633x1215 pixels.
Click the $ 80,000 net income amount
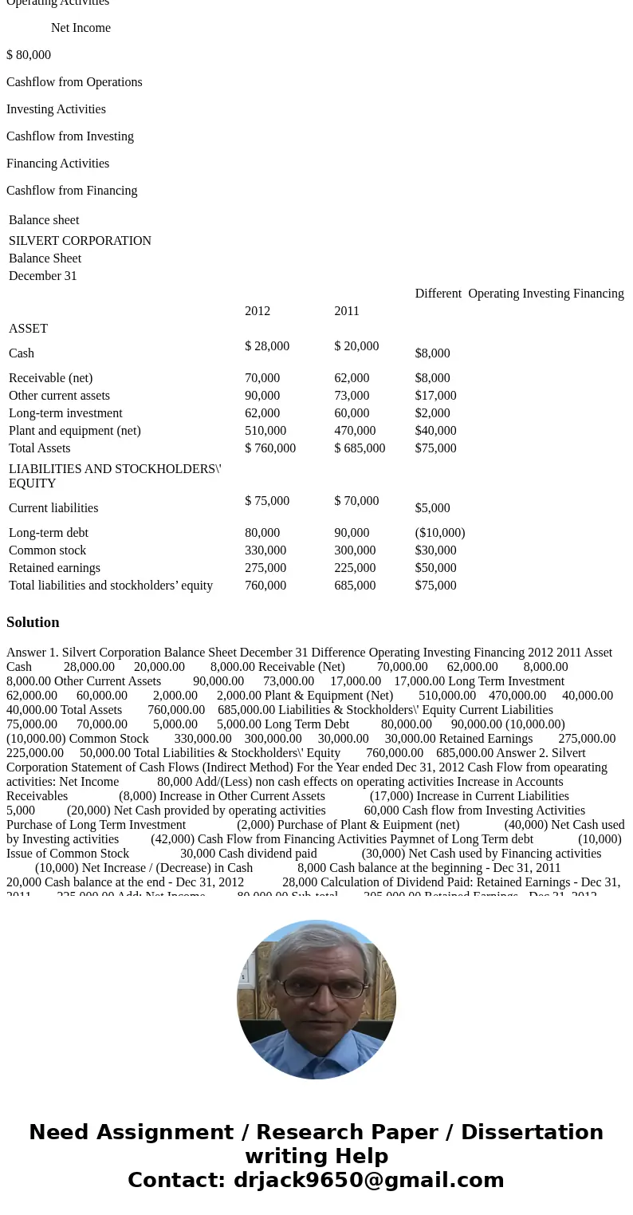tap(29, 55)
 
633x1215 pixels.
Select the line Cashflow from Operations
tap(74, 82)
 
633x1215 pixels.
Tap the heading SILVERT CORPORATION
tap(80, 241)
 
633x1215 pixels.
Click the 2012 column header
tap(258, 311)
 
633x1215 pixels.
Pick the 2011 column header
tap(347, 311)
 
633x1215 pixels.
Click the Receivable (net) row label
tap(50, 378)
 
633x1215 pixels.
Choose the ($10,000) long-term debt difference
tap(440, 533)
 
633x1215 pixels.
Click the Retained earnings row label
tap(54, 568)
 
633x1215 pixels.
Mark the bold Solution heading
tap(33, 622)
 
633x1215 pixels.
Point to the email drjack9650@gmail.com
tap(368, 1181)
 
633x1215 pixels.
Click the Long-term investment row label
tap(65, 413)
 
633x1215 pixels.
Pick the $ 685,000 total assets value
tap(360, 448)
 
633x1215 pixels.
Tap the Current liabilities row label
tap(53, 508)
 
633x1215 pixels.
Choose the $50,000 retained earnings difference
tap(435, 568)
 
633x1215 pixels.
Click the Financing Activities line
tap(57, 164)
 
